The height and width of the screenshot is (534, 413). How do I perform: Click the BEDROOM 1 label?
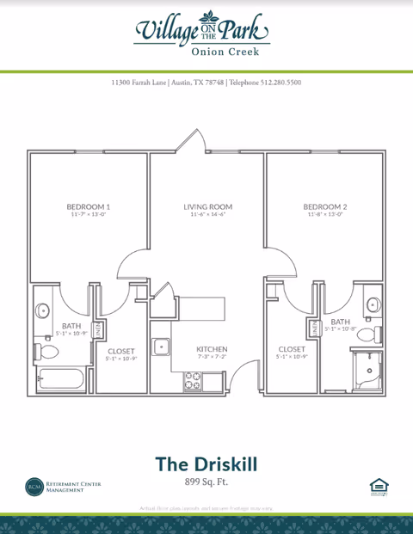click(88, 207)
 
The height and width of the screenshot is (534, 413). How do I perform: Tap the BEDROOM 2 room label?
click(324, 207)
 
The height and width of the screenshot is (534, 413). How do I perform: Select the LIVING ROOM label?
click(207, 207)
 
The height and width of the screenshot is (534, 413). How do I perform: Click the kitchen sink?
click(161, 347)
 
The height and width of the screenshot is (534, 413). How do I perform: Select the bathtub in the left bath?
click(59, 378)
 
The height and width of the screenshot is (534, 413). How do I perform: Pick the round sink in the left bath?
click(41, 311)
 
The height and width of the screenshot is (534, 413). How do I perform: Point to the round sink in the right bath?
click(372, 304)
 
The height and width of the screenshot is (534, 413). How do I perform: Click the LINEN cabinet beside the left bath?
click(98, 328)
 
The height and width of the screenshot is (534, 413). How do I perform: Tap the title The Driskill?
click(206, 463)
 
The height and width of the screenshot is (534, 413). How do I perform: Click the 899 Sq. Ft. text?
click(206, 482)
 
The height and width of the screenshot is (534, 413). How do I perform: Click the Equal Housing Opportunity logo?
click(379, 488)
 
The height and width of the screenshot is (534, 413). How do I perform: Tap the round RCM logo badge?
click(34, 488)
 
